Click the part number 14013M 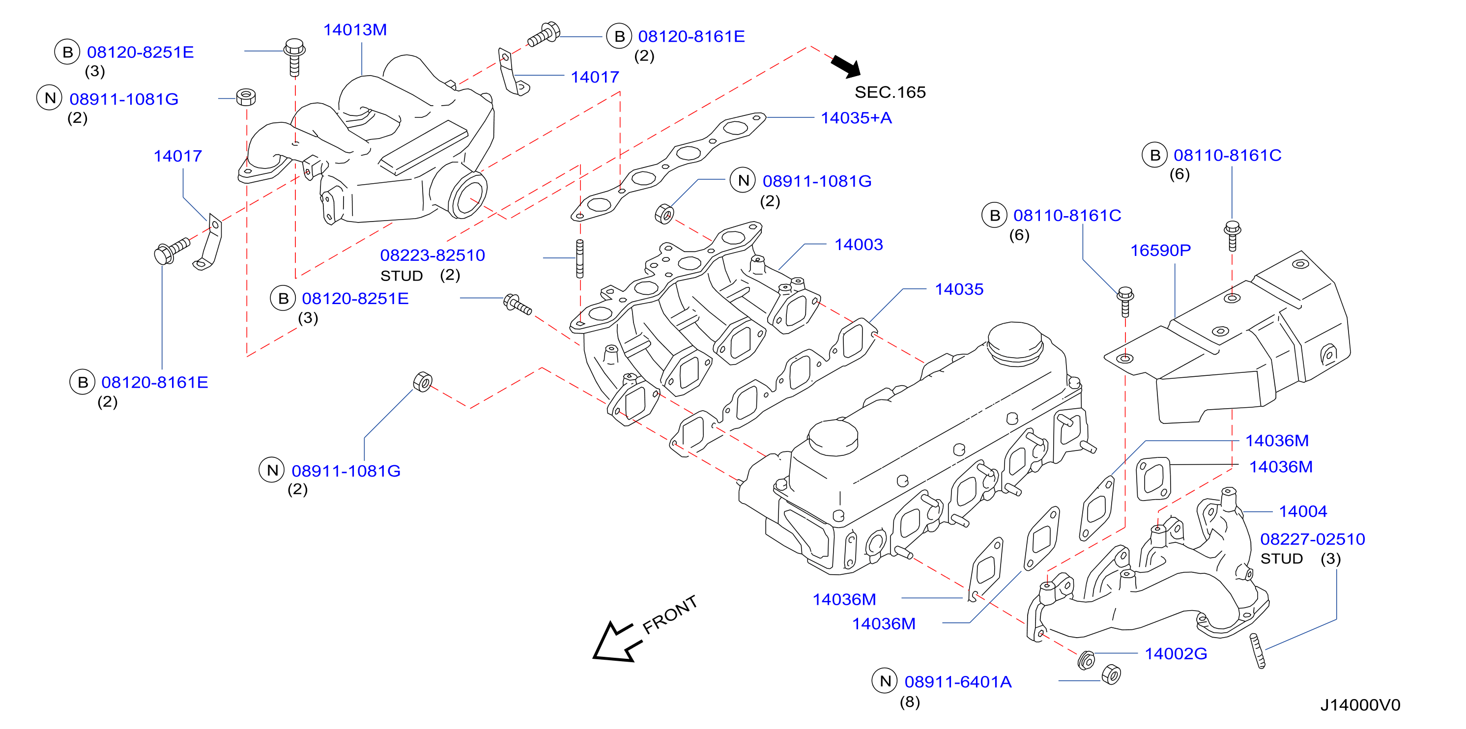point(355,29)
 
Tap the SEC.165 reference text point(890,92)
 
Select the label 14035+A point(856,118)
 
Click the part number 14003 point(858,245)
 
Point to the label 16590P point(1160,250)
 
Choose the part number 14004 point(1303,511)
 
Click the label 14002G point(1176,653)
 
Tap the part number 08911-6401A point(958,682)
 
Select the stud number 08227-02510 point(1312,539)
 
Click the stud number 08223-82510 point(432,255)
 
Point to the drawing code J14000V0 point(1360,705)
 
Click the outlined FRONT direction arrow point(616,643)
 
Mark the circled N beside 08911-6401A point(885,681)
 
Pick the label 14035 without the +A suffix point(959,289)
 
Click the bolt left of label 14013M point(294,57)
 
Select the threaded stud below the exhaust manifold point(1258,651)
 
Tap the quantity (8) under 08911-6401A point(909,702)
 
